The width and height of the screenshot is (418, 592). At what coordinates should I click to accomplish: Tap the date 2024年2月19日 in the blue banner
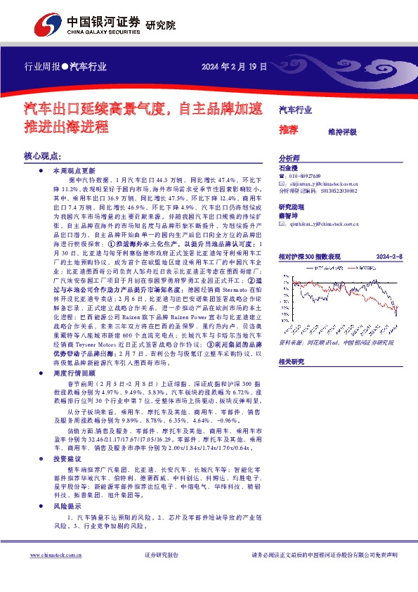(x=235, y=67)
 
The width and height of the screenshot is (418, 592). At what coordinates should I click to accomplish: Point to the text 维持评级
(x=342, y=131)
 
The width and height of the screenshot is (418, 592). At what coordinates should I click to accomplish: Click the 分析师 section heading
(x=289, y=158)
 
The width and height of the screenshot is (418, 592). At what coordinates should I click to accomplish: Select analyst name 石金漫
(x=289, y=168)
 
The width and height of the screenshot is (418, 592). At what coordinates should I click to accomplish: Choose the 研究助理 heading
(x=291, y=207)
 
